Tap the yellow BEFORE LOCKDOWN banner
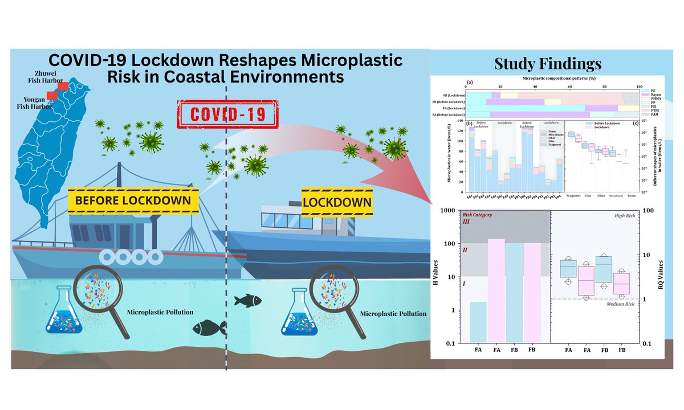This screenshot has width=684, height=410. [133, 200]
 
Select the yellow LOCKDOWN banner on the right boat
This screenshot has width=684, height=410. [337, 202]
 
